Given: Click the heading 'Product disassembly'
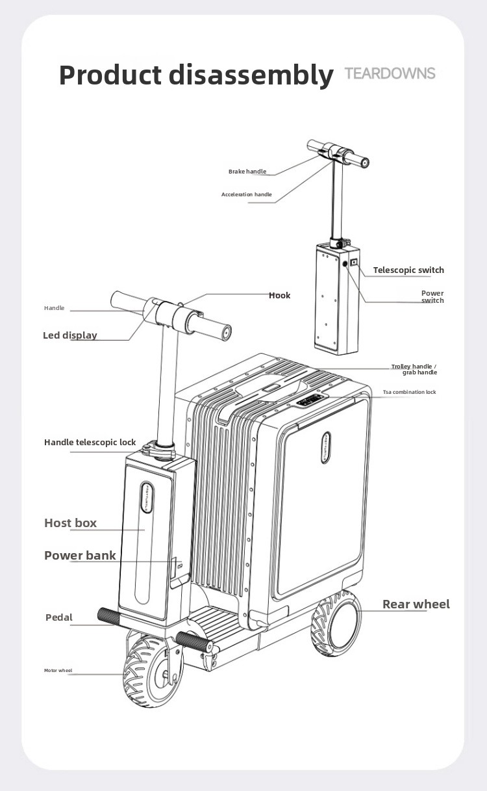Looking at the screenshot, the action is click(196, 75).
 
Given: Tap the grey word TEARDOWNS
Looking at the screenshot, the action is click(390, 73).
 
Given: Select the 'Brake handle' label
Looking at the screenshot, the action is click(247, 172).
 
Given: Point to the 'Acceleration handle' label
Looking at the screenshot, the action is click(247, 194).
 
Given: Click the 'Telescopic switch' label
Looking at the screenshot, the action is click(408, 270).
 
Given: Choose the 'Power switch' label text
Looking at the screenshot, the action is click(432, 296).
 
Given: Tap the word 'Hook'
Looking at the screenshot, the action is click(279, 295).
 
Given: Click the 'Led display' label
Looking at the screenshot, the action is click(70, 335).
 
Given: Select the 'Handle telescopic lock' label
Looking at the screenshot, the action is click(90, 442).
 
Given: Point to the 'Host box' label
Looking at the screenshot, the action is click(71, 523).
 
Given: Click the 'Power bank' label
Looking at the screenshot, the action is click(80, 555).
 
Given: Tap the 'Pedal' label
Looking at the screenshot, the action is click(59, 617).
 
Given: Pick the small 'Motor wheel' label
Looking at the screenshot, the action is click(58, 670).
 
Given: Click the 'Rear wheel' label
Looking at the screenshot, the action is click(416, 604).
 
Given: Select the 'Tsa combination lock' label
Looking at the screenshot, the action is click(409, 392).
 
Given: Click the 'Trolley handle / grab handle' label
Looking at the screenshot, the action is click(414, 369).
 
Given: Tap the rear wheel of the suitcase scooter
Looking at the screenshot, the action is click(336, 624).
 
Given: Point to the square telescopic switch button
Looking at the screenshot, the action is click(354, 262).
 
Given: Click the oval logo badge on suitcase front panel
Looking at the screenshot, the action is click(326, 447).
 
